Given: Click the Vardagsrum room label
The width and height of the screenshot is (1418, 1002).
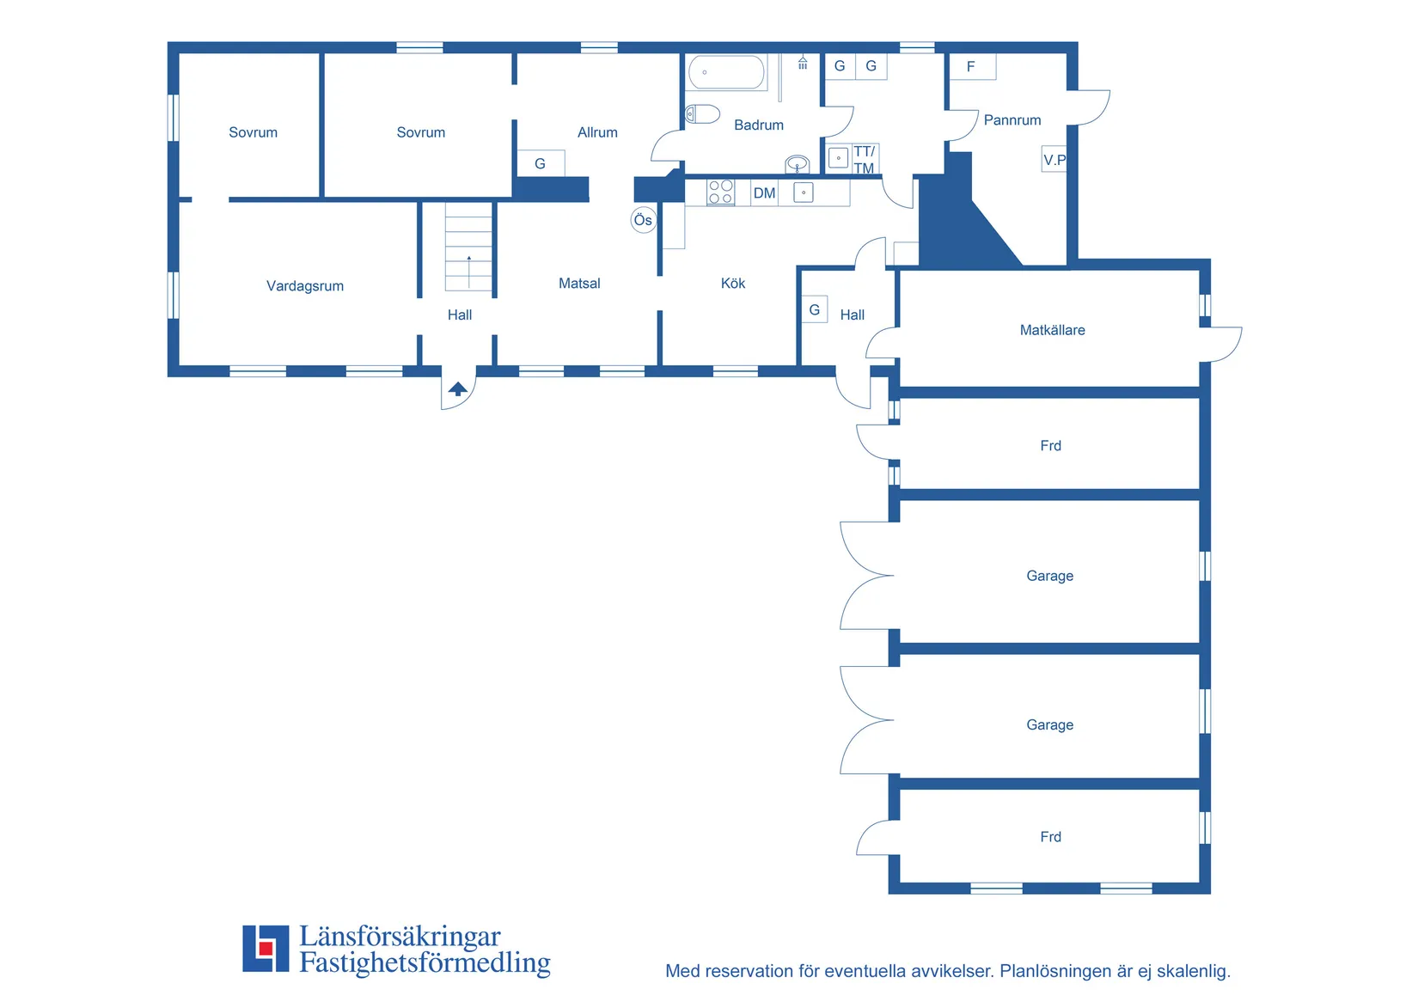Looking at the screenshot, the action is point(304,286).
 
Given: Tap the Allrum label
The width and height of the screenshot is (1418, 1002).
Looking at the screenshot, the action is point(597,132).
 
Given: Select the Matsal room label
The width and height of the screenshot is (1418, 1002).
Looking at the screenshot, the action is point(579,283).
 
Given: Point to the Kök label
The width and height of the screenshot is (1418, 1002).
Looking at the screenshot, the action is point(732,283).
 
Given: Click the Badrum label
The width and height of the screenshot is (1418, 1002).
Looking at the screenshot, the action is point(758,125).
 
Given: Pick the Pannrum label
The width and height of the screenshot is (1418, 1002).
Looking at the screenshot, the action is point(1012,119).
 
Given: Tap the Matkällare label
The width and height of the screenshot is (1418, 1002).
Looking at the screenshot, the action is point(1052,330).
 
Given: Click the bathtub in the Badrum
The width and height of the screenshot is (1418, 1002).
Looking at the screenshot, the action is point(726,72).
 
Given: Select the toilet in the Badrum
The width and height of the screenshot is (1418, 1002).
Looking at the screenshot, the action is point(703,114).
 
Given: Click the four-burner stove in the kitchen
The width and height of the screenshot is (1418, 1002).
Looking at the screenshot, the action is point(720,192).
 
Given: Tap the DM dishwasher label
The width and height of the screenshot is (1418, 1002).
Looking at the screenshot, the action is point(764,193).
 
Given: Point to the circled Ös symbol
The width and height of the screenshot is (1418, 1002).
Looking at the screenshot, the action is point(643,220).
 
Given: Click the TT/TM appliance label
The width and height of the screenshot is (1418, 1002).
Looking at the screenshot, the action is point(864,160).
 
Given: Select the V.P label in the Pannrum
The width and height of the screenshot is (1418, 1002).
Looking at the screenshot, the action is point(1054,160).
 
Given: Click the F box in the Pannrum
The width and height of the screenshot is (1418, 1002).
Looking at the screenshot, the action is point(973,66).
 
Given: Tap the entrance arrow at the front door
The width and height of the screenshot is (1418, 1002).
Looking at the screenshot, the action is point(458,388).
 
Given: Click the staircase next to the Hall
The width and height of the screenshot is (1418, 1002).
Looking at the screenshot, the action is point(468,247).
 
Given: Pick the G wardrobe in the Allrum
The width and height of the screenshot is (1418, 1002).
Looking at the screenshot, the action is point(541,163).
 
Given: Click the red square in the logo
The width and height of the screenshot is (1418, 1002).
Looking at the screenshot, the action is point(266,948).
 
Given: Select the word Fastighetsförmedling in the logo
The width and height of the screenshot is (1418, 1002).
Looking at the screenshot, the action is point(425,962).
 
